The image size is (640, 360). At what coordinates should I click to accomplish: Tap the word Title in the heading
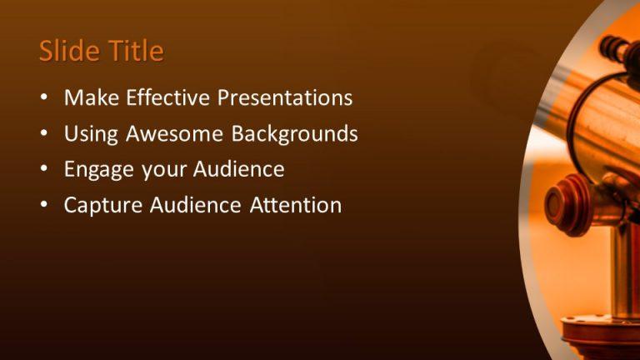click(x=133, y=52)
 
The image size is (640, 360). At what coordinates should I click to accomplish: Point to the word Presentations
click(x=285, y=98)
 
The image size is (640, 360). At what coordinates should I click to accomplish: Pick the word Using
click(x=89, y=134)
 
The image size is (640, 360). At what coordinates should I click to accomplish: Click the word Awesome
click(x=174, y=134)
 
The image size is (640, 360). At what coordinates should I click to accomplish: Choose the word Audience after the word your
click(x=238, y=170)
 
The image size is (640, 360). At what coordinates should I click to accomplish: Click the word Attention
click(x=296, y=205)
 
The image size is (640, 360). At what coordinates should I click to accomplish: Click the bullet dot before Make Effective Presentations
click(x=44, y=99)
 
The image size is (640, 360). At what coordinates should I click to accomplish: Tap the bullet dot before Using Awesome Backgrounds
click(x=44, y=135)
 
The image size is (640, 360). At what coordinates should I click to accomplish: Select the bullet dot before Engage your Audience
click(x=44, y=171)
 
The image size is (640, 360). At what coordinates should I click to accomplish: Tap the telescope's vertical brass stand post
click(x=621, y=267)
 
